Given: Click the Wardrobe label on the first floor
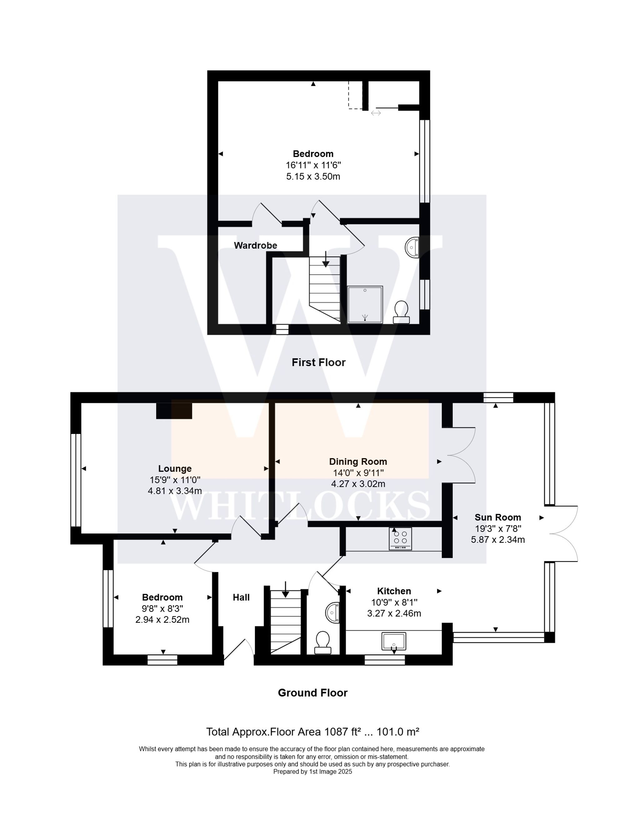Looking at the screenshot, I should (x=255, y=246).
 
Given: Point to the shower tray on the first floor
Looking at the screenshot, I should (x=365, y=304).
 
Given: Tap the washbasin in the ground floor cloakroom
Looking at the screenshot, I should (x=333, y=613).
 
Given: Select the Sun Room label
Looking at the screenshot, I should (x=497, y=517).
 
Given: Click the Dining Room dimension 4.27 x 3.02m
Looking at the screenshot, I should (x=358, y=484).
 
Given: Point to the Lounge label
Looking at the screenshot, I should (x=175, y=468).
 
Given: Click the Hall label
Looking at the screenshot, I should (x=241, y=597).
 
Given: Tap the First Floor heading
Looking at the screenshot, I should (x=318, y=362).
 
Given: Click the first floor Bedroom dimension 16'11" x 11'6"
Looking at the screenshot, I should (x=313, y=165).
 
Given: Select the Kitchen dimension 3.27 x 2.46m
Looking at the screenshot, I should (x=394, y=613).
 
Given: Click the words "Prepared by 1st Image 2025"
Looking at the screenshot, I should (x=312, y=772).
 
